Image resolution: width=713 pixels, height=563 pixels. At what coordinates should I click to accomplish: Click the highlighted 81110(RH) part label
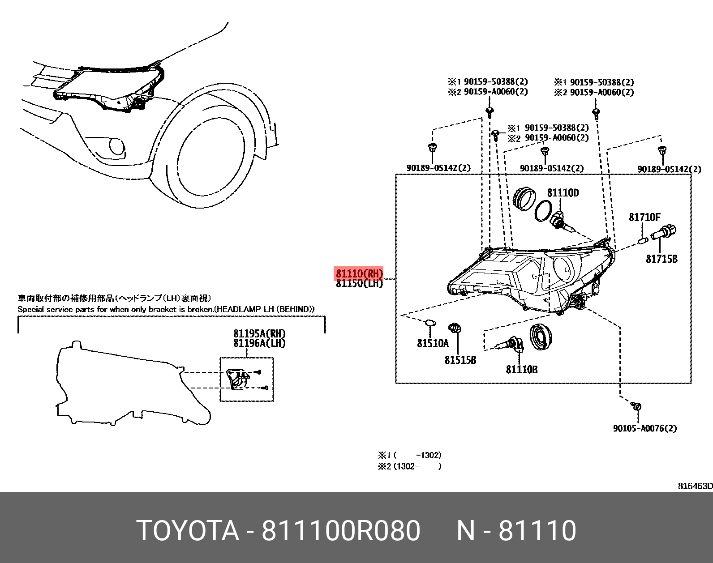359,273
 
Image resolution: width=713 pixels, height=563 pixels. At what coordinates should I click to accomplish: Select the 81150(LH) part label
359,284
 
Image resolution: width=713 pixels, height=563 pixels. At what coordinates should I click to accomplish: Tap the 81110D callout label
563,193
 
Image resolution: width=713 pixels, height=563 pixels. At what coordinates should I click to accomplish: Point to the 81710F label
644,218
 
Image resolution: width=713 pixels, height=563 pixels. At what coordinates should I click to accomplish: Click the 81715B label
661,259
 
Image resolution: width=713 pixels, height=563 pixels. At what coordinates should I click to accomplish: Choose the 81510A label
433,343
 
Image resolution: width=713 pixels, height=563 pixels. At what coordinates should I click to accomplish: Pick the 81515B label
460,360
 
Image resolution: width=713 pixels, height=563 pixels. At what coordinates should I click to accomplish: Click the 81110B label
522,370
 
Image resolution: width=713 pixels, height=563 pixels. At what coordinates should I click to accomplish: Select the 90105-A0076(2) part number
645,428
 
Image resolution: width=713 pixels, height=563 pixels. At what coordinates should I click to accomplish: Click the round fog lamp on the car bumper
117,146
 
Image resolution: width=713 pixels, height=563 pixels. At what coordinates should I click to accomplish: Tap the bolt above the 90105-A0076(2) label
636,406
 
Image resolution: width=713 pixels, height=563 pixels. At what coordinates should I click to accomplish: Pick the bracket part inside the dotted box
237,378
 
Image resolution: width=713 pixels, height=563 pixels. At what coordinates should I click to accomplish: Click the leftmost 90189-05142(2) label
438,168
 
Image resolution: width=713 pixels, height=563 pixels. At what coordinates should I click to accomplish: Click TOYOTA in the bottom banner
188,531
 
